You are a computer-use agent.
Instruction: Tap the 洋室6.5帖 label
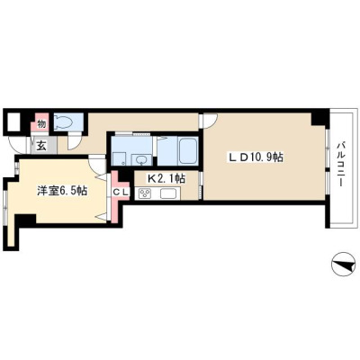tap(62, 191)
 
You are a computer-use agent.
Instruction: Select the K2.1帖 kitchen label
tap(166, 179)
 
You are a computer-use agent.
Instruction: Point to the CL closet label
tap(121, 192)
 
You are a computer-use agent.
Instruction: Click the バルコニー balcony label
tap(340, 164)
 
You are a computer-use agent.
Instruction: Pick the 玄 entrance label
tap(41, 146)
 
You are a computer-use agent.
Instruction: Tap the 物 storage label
tap(41, 123)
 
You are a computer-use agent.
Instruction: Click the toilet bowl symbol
tap(64, 122)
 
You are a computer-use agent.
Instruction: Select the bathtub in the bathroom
tap(188, 150)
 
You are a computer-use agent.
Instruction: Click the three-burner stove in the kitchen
tap(144, 193)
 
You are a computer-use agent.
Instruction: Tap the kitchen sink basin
tap(170, 193)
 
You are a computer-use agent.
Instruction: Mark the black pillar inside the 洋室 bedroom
tap(25, 220)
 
